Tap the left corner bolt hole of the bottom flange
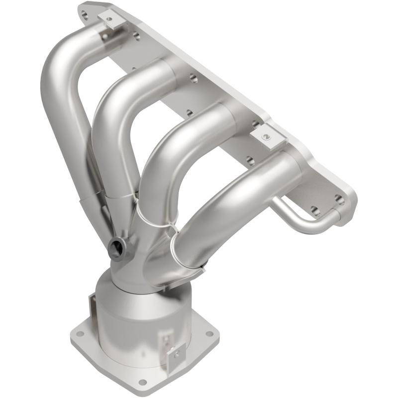pyautogui.click(x=80, y=334)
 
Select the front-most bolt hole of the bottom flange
pyautogui.click(x=143, y=382)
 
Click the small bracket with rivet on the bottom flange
pyautogui.click(x=175, y=354)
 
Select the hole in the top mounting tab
pyautogui.click(x=109, y=19)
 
